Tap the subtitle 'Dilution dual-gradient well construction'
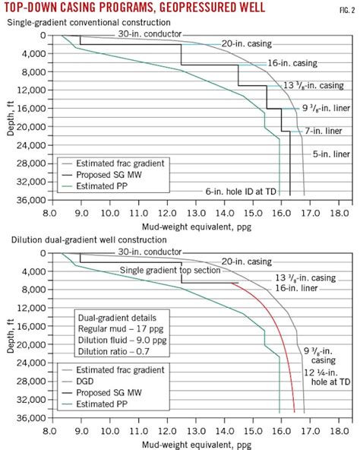point(86,240)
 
